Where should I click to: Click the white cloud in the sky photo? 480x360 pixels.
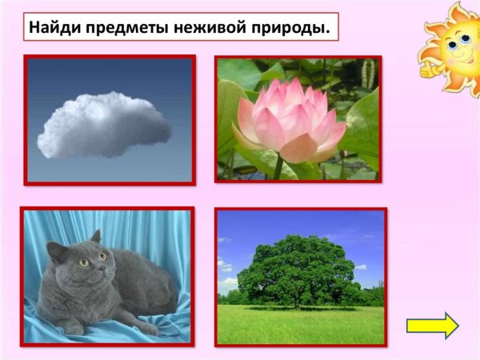point(104,125)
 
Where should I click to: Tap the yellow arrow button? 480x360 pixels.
point(432,326)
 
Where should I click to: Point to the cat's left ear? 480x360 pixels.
point(94,237)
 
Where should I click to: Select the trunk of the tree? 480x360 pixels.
point(298,301)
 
